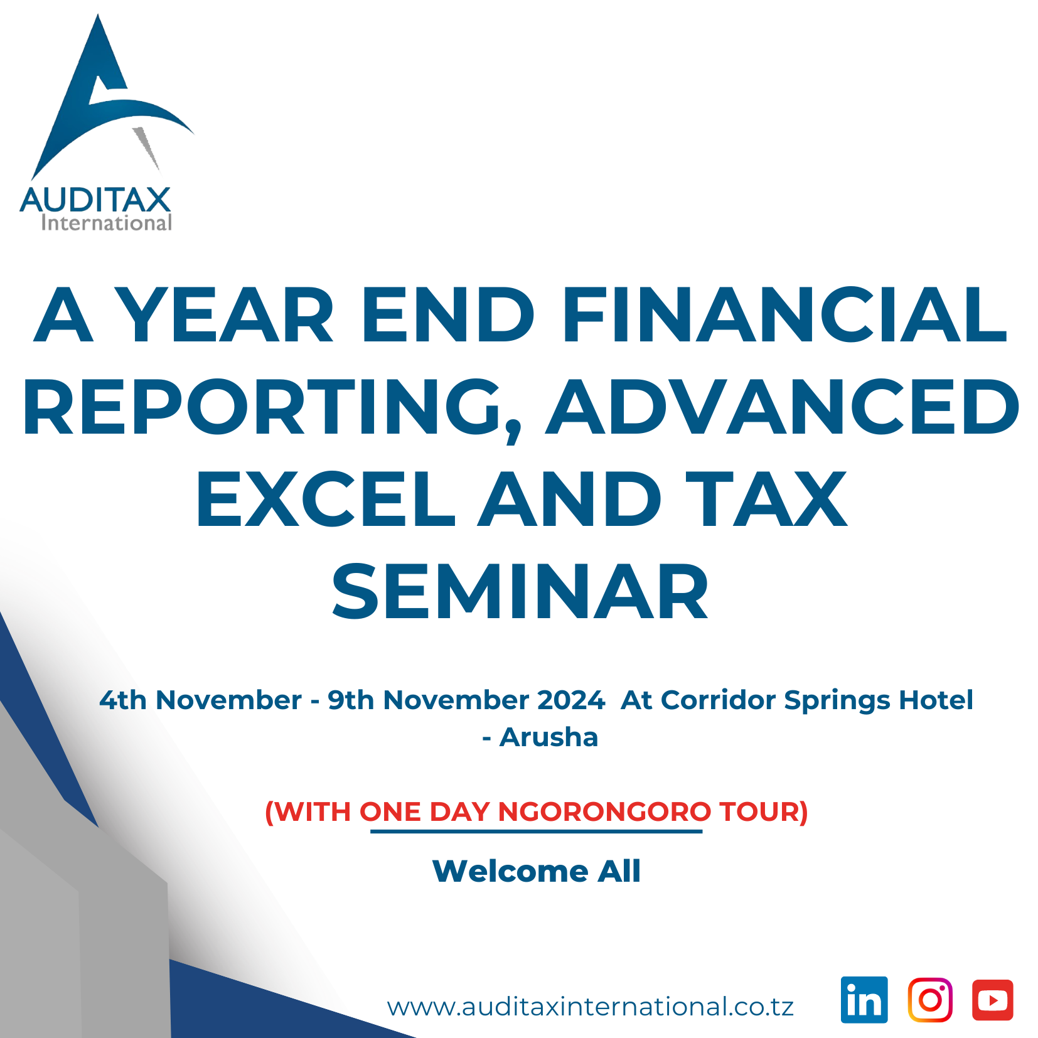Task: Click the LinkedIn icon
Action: (864, 1000)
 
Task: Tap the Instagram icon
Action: (930, 1000)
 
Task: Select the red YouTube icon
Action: (993, 1000)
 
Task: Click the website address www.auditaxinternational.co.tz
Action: (591, 1007)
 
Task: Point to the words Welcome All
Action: (537, 871)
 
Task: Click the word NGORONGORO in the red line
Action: (604, 811)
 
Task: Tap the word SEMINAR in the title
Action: (520, 591)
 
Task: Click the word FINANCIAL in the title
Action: (784, 314)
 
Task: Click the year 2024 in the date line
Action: (571, 700)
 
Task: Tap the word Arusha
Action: (548, 737)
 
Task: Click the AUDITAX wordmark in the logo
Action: (95, 200)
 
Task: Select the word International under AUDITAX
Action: (107, 223)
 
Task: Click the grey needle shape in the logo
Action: (146, 148)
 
